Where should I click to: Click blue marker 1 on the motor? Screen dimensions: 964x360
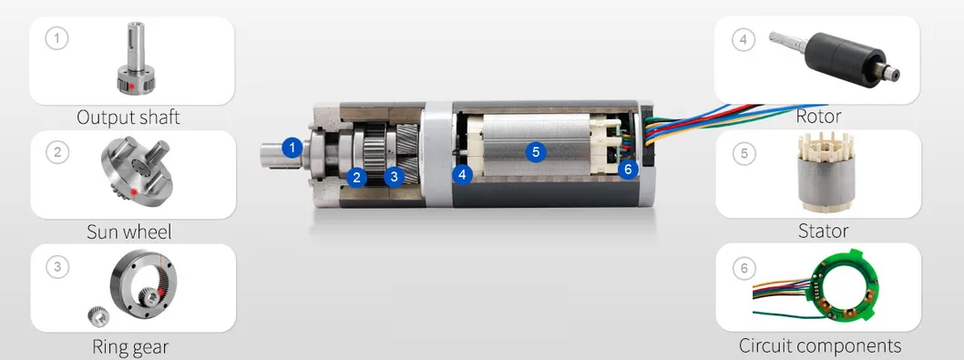click(x=292, y=148)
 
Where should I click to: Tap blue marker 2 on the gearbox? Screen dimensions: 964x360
click(x=356, y=177)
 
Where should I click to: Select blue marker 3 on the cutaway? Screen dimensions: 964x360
click(x=395, y=177)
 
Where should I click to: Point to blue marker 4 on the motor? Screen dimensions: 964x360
click(x=462, y=175)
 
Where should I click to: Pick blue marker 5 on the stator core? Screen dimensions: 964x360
click(x=536, y=151)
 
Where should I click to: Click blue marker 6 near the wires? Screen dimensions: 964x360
click(x=628, y=169)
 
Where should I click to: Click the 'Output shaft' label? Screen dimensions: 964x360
click(x=128, y=117)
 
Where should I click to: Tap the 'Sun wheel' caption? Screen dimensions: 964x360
click(x=129, y=231)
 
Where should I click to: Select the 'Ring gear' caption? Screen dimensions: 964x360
click(x=130, y=346)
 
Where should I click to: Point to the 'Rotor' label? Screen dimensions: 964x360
click(x=818, y=115)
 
